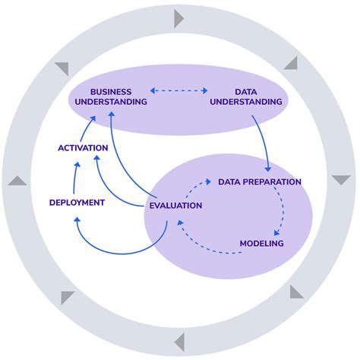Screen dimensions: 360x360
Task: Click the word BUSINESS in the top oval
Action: pyautogui.click(x=111, y=91)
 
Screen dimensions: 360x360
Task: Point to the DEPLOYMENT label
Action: pyautogui.click(x=77, y=202)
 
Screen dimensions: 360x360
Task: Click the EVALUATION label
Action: pyautogui.click(x=175, y=205)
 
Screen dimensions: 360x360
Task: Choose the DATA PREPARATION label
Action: pyautogui.click(x=260, y=182)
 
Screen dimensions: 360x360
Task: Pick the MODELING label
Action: pyautogui.click(x=261, y=244)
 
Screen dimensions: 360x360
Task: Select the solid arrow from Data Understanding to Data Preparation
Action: pyautogui.click(x=265, y=144)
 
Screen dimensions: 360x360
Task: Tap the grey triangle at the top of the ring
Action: pyautogui.click(x=179, y=17)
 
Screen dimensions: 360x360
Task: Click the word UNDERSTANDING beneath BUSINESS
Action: pyautogui.click(x=111, y=102)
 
